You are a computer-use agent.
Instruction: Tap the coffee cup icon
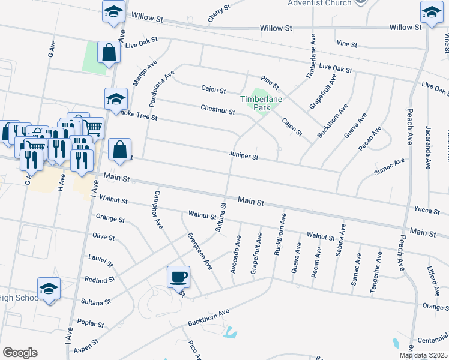click(178, 277)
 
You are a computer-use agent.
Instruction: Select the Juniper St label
click(243, 157)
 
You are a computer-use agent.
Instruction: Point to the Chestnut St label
click(217, 110)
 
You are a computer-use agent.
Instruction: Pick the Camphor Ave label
click(158, 210)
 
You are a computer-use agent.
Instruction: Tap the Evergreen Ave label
click(200, 250)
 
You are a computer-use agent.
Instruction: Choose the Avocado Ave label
click(237, 254)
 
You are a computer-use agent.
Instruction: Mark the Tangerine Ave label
click(376, 272)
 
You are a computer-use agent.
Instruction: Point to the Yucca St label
click(427, 209)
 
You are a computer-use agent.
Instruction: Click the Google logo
click(20, 353)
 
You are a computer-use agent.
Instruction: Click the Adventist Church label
click(320, 3)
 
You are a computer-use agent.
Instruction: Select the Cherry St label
click(219, 14)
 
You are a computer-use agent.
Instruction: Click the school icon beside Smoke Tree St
click(116, 100)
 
